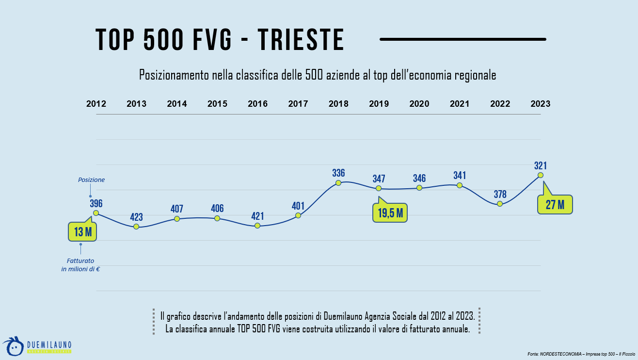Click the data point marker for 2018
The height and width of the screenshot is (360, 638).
[338, 183]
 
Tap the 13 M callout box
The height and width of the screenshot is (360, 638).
[82, 232]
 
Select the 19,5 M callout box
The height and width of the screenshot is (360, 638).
[390, 213]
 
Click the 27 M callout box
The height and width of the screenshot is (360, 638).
[555, 204]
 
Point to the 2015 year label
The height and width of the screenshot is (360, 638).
[217, 104]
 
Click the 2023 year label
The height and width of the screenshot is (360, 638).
[541, 104]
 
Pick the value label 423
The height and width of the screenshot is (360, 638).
[136, 217]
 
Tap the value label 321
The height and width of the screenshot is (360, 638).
[541, 165]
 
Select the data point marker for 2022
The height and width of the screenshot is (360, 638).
[500, 204]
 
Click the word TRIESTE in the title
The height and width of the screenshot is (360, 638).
[301, 40]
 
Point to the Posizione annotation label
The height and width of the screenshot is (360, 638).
[91, 180]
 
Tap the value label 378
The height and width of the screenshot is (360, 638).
[500, 194]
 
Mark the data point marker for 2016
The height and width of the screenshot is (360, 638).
[257, 226]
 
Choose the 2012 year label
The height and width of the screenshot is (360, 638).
[96, 104]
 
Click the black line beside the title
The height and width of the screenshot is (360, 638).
[463, 39]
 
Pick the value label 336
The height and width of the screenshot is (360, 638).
[338, 173]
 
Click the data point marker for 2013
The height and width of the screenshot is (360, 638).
[136, 227]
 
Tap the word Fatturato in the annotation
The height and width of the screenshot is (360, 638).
[80, 261]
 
